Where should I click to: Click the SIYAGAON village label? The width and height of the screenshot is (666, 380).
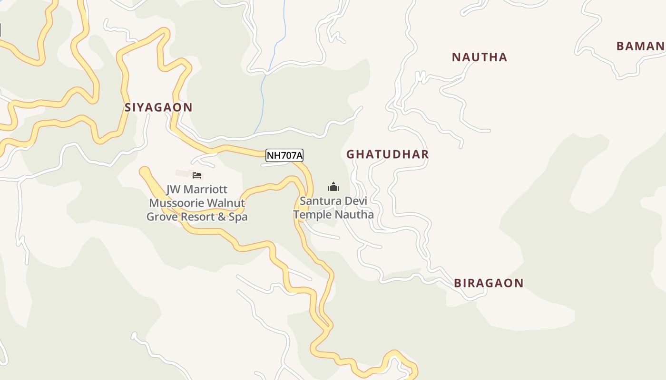point(158,107)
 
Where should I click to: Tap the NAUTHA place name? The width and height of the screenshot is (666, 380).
point(479,57)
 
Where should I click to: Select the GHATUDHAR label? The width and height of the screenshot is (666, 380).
point(387,154)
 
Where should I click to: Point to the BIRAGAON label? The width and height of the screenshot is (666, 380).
point(489,283)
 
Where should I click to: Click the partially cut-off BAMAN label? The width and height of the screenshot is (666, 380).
point(640,46)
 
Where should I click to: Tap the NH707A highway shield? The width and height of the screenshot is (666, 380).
point(284,155)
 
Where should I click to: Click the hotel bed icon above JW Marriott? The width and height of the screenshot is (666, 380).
point(197,175)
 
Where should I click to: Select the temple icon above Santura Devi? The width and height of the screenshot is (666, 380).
point(333,187)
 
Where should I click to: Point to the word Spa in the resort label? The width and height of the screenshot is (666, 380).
point(238,217)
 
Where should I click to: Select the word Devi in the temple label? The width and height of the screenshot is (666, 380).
point(355,201)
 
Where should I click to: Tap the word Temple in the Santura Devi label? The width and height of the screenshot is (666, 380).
point(312,215)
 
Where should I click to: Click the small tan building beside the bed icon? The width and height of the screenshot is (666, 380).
point(183,173)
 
